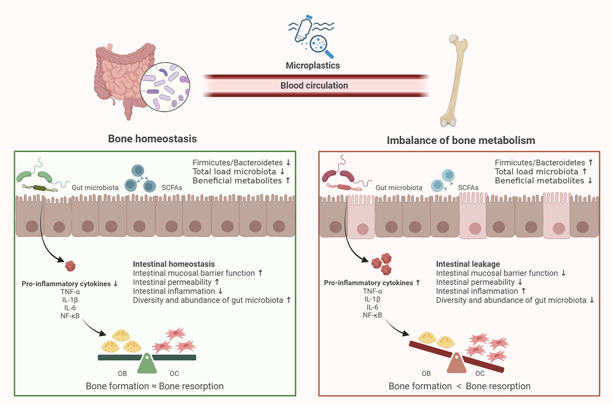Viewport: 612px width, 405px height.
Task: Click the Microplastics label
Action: point(313,65)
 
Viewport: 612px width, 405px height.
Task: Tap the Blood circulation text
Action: point(314,85)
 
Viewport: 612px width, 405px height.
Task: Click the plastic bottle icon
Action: point(303,31)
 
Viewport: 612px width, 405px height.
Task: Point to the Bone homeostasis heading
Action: point(152,139)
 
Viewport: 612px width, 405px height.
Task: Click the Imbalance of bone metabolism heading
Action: point(461,140)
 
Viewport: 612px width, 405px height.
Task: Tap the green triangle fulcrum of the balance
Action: point(147,364)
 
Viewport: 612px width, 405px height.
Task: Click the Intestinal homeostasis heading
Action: point(174,264)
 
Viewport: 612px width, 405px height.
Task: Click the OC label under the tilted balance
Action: point(480,374)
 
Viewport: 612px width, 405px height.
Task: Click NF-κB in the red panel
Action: point(372,315)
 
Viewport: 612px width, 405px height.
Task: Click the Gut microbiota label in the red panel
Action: point(399,188)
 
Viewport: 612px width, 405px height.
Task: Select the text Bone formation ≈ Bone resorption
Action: point(155,386)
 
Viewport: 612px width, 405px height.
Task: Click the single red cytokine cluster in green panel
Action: point(71,266)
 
